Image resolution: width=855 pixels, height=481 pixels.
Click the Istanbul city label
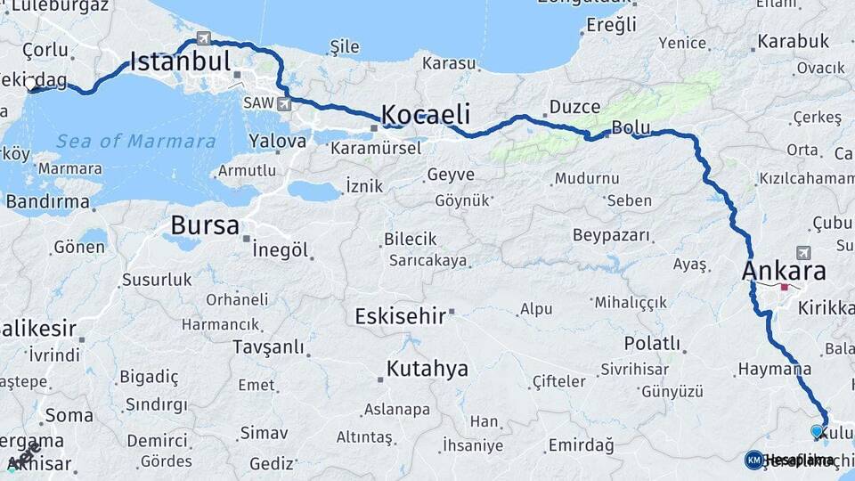tap(180, 61)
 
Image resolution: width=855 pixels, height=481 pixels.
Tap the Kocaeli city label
tap(426, 114)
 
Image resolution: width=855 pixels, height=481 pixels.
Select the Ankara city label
tap(784, 271)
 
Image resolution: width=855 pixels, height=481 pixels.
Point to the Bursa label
tap(205, 225)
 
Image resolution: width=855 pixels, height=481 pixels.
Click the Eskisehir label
tap(399, 316)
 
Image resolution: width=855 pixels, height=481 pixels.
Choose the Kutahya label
tap(427, 369)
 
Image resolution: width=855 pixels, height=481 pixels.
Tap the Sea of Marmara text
tap(135, 141)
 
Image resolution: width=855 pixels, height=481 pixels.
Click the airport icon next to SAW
tap(284, 104)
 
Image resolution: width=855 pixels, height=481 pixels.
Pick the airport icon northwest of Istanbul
tap(204, 37)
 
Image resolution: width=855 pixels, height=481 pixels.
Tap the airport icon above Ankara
tap(805, 252)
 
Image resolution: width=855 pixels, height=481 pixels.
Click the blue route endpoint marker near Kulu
tap(817, 431)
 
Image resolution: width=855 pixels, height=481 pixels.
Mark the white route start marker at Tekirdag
tap(31, 86)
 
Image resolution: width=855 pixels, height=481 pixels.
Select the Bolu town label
tap(631, 128)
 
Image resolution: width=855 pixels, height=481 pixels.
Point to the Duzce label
tap(574, 106)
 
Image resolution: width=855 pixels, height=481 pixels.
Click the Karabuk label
tap(794, 41)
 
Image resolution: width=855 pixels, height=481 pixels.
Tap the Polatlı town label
tap(652, 344)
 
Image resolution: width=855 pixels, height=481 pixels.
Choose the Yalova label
tap(278, 141)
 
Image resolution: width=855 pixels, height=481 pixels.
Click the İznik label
tap(363, 186)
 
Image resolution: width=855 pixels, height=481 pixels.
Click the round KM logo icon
tap(754, 460)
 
